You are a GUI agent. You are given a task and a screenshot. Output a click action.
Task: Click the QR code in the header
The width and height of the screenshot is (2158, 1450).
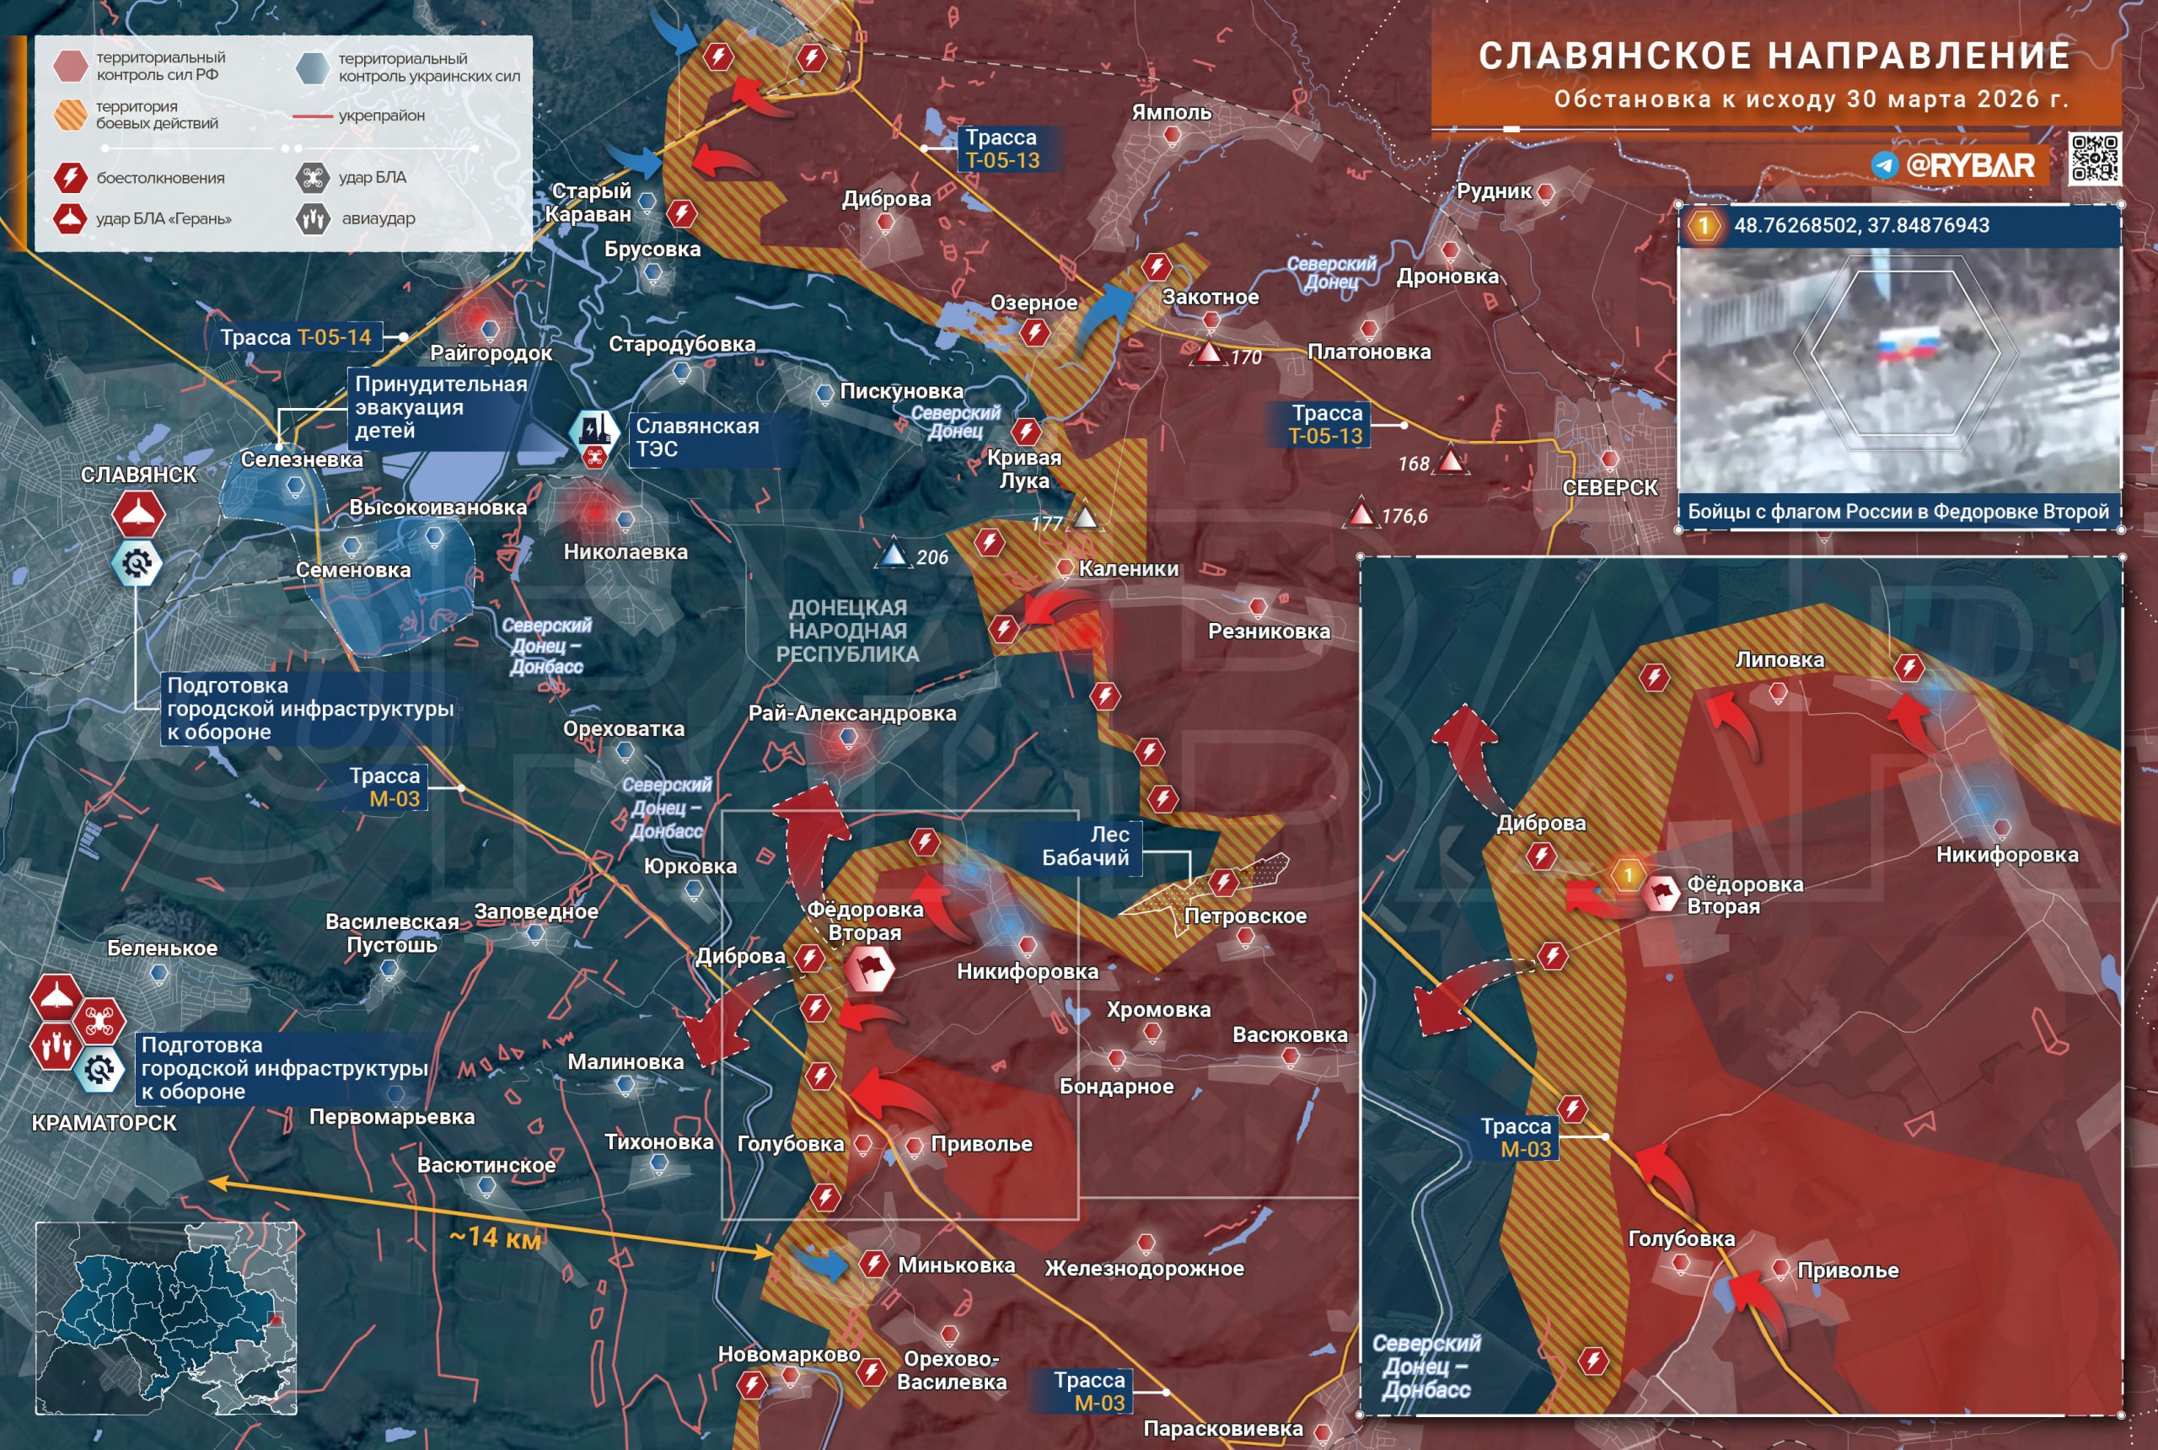coord(2094,158)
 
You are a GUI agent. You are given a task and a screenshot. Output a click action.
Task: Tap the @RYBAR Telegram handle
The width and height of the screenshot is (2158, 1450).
coord(1969,165)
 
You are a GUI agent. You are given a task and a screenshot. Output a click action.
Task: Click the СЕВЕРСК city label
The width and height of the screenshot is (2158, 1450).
coord(1610,487)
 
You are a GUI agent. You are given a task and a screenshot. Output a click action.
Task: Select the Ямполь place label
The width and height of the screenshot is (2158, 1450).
coord(1171,113)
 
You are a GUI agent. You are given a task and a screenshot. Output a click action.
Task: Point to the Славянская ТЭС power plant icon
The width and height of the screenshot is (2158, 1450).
coord(593,428)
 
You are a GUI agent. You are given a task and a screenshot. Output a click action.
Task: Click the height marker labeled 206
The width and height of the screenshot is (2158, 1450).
coord(894,555)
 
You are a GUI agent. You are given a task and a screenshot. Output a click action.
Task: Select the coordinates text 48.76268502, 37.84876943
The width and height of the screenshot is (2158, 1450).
coord(1860,226)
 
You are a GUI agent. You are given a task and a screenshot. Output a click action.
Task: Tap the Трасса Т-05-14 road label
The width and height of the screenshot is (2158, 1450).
coord(295,337)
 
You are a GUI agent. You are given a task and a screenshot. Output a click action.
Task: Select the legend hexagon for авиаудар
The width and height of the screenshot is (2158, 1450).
coord(314,219)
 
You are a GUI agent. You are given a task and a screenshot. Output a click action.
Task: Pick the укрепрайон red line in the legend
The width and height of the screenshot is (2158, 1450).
coord(313,116)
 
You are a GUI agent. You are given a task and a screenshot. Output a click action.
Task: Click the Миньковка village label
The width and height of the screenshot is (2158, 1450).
coord(956,1265)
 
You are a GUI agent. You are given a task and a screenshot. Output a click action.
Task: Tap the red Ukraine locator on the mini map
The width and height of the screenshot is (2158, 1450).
coord(274,1319)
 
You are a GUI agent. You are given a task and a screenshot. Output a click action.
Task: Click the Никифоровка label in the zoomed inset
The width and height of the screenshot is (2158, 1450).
coord(2006,855)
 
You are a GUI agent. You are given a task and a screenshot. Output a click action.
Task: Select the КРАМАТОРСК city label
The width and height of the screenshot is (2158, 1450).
coord(104,1123)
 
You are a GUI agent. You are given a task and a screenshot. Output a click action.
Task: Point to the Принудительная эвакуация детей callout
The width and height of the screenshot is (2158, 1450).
coord(440,407)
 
